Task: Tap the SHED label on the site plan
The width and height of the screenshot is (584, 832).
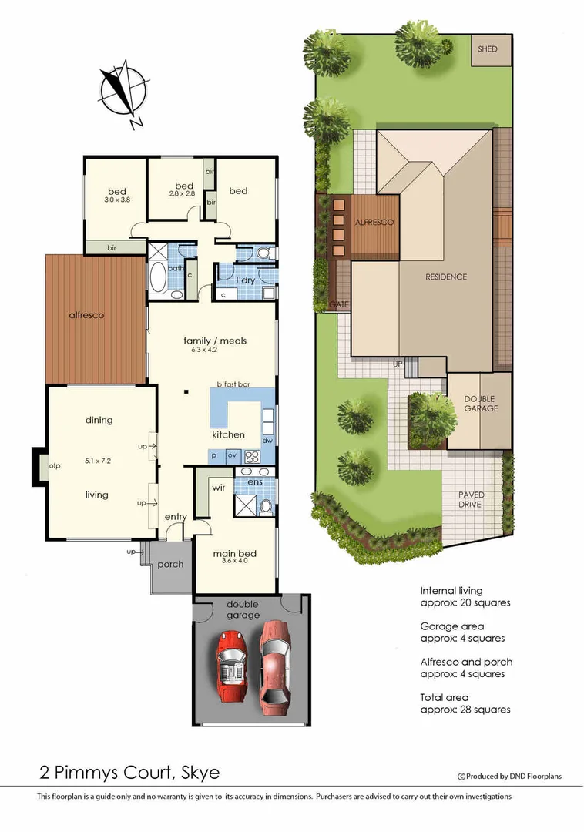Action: point(488,49)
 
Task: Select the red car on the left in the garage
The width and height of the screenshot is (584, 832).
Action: point(230,666)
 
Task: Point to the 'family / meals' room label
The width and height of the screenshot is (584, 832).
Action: point(214,340)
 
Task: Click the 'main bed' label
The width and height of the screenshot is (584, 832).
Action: point(234,553)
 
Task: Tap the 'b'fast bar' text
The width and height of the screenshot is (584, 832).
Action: point(233,384)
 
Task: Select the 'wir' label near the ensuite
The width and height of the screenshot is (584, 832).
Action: point(219,487)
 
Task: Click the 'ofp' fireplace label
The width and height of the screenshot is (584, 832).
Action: point(55,466)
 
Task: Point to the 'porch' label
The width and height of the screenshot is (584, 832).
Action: point(170,564)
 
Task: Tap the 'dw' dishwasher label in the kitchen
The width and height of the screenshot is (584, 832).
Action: point(267,441)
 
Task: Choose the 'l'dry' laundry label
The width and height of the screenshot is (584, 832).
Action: point(245,280)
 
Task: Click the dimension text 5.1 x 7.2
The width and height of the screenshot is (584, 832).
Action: point(99,461)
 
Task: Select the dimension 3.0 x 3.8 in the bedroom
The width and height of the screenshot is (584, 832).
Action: point(116,200)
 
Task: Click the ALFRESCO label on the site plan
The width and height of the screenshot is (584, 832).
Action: point(374,223)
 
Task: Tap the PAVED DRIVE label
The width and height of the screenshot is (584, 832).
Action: point(470,500)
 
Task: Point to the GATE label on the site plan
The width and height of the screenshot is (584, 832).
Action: point(339,305)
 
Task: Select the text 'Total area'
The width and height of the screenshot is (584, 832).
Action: point(444,697)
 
